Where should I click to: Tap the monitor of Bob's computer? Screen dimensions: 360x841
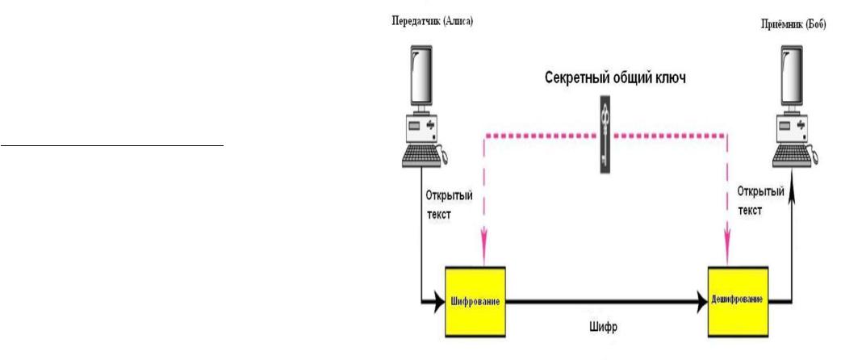pyautogui.click(x=796, y=80)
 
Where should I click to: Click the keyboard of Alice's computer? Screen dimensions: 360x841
pyautogui.click(x=428, y=157)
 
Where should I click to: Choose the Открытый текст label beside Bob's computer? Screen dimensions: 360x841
pyautogui.click(x=758, y=199)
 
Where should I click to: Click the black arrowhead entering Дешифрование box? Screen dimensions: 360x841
pyautogui.click(x=700, y=301)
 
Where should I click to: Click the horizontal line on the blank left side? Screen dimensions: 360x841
pyautogui.click(x=111, y=146)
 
